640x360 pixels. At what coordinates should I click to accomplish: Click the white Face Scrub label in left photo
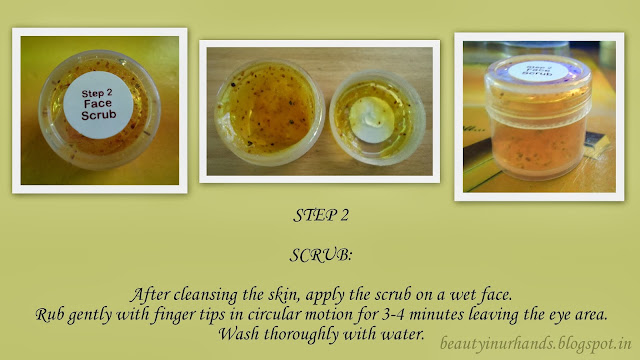coord(98,105)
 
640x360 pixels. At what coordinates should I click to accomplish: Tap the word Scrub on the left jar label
coord(98,115)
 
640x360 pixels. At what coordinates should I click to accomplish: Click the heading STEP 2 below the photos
coord(321,216)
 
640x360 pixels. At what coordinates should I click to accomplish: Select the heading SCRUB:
coord(321,256)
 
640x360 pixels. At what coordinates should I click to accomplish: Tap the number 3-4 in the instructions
coord(394,315)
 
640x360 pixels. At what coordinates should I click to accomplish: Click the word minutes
coord(436,315)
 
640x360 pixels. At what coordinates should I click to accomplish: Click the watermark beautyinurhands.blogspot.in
coord(536,343)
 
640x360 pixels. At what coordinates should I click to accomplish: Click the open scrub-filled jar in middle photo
coord(269,113)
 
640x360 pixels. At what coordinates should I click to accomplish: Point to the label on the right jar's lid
coord(538,71)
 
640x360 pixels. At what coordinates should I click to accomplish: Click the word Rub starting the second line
coord(50,315)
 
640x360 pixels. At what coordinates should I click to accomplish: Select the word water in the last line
coord(402,334)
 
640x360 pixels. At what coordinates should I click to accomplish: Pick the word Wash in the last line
coord(240,334)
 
